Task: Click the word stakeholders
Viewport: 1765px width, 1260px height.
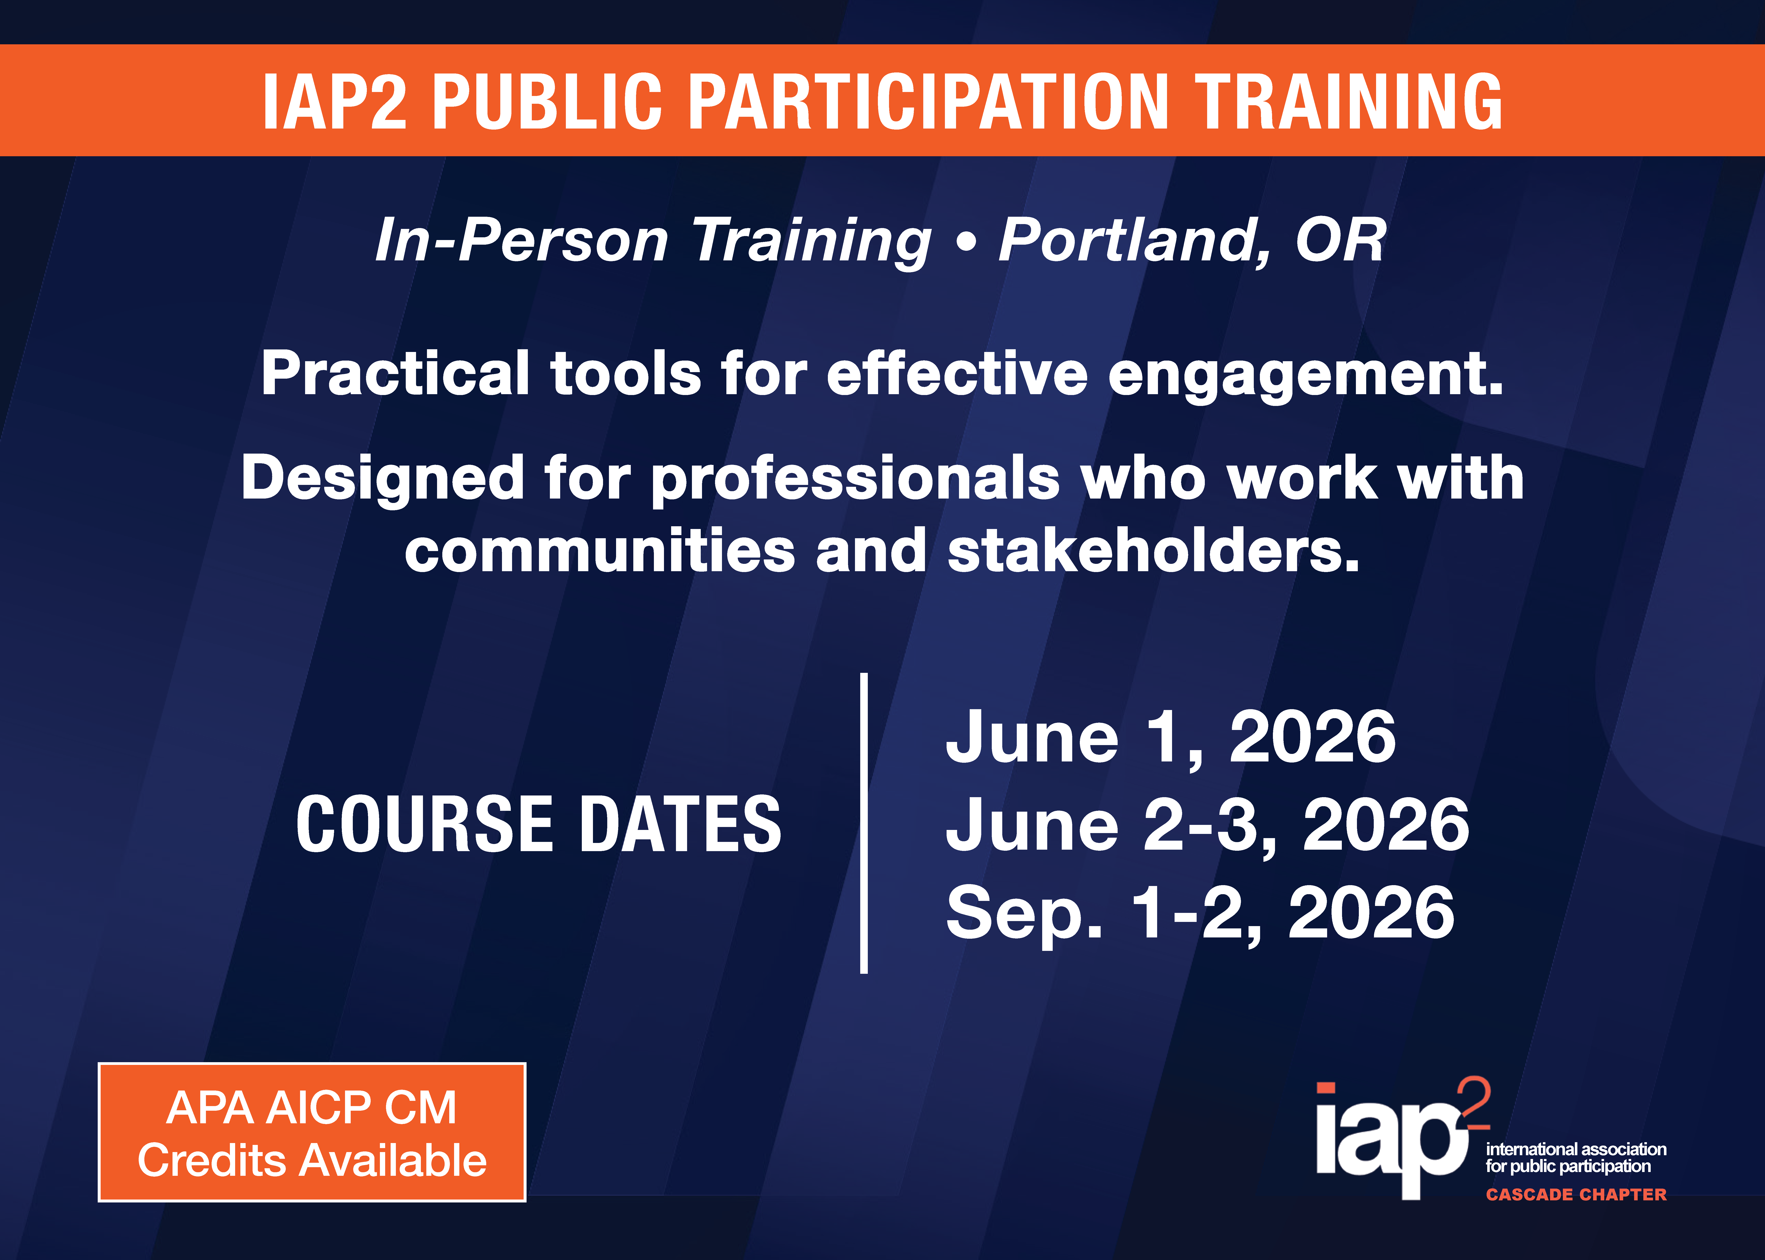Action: click(x=1154, y=550)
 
